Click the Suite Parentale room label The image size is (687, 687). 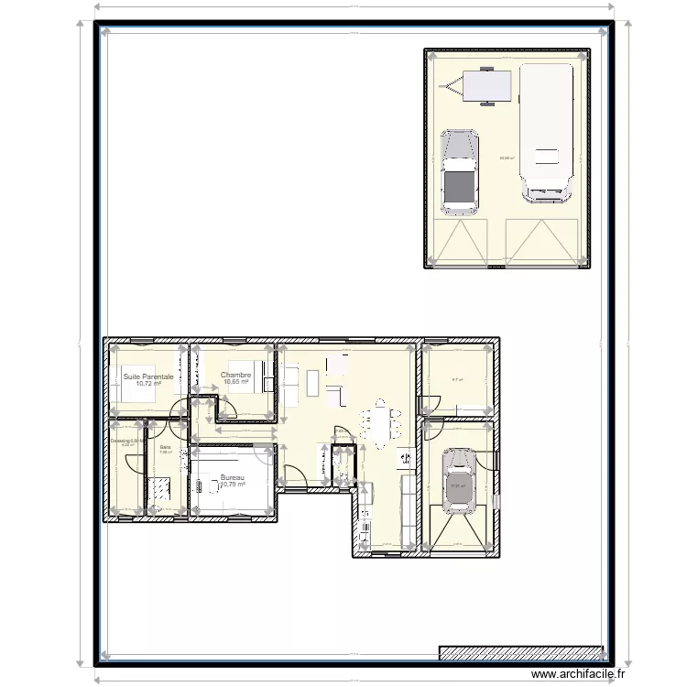tap(148, 376)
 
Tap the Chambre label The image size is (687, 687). tap(235, 375)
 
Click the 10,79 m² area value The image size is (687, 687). tap(234, 485)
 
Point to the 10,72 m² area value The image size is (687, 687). tap(148, 384)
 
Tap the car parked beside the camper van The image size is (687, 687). tap(460, 171)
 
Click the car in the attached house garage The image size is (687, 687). tap(461, 479)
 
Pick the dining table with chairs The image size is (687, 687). tap(381, 424)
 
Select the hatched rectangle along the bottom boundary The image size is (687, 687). tap(522, 653)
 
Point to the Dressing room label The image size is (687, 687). tap(123, 441)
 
